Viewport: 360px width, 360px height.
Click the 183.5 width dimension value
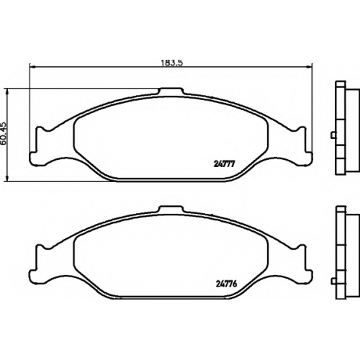[x=171, y=63]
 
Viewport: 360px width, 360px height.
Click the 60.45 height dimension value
[x=4, y=135]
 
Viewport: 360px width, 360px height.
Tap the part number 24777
[x=223, y=164]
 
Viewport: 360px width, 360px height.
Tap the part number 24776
[x=226, y=284]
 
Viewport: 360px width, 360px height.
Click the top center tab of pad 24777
[x=171, y=91]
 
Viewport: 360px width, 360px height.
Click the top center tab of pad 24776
[x=171, y=210]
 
